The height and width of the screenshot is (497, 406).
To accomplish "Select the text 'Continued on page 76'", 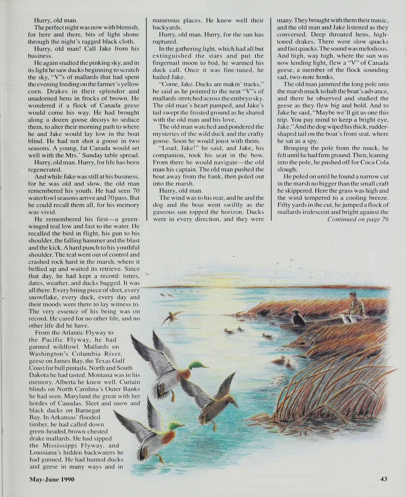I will [358, 219].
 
